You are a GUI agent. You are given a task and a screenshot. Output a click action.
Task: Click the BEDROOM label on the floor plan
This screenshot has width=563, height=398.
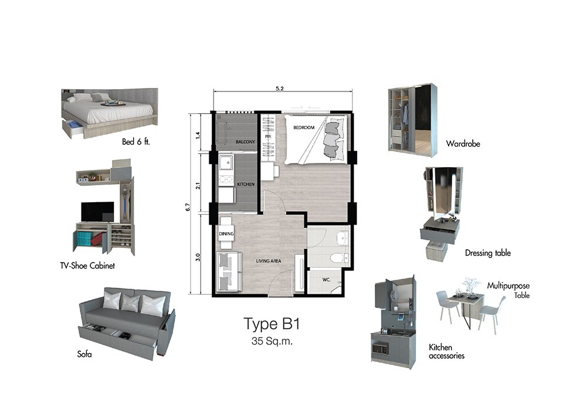click(304, 127)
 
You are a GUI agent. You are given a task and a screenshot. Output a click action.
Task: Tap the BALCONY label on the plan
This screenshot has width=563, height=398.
click(245, 142)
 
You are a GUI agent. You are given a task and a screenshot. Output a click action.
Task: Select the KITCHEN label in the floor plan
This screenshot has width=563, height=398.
click(246, 184)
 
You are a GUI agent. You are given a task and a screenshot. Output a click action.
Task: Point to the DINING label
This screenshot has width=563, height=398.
click(226, 234)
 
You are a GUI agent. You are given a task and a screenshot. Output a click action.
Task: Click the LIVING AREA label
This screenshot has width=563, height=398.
click(269, 261)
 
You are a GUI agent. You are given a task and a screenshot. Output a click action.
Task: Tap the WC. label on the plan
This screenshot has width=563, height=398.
click(327, 280)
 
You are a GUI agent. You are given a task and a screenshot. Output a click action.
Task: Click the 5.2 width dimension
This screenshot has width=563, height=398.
click(280, 89)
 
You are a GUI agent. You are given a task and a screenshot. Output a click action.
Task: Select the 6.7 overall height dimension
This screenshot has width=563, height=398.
click(188, 207)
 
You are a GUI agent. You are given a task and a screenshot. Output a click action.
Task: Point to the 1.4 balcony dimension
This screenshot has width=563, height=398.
click(198, 135)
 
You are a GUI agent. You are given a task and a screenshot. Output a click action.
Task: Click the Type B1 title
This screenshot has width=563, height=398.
click(272, 324)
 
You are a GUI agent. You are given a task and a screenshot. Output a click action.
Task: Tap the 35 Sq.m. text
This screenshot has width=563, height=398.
click(272, 341)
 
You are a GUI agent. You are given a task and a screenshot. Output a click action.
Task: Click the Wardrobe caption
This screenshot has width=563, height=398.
click(463, 144)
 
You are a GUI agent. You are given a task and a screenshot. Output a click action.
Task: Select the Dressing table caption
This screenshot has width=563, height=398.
click(487, 253)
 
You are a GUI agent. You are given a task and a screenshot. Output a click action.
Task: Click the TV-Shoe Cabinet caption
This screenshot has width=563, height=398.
click(87, 266)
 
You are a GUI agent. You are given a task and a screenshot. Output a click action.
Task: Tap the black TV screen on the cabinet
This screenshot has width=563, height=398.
click(97, 212)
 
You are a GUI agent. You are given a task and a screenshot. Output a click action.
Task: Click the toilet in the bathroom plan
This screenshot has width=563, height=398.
click(340, 258)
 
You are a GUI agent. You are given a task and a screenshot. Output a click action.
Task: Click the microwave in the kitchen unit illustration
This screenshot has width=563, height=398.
click(380, 349)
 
